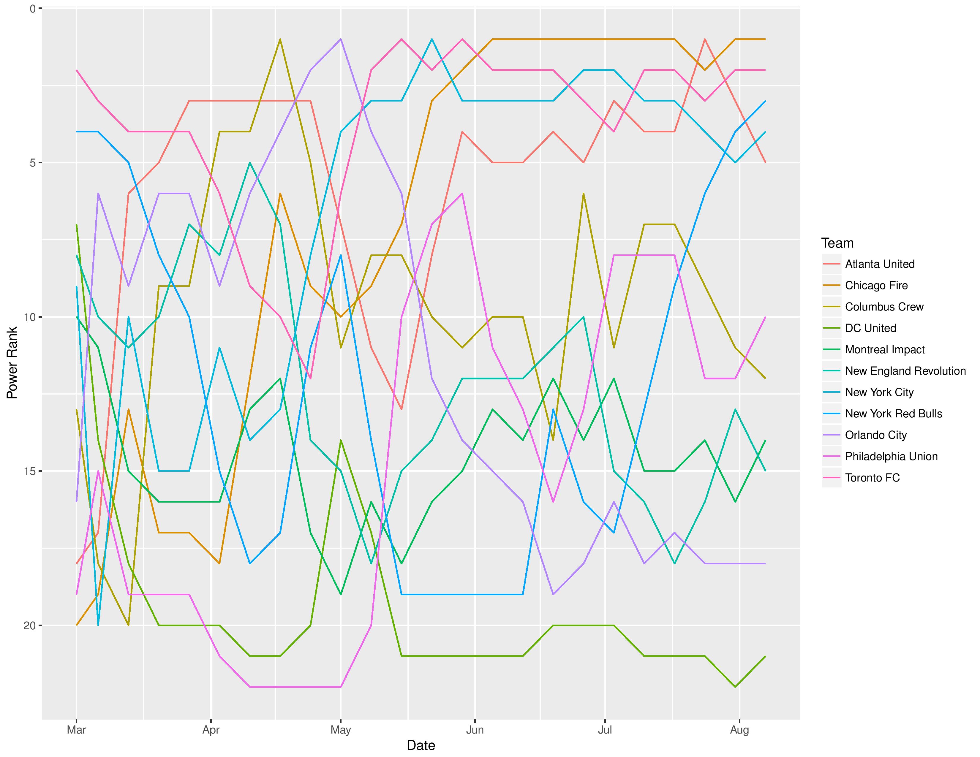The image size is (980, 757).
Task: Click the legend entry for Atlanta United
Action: [x=880, y=264]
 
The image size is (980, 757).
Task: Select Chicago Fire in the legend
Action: [x=876, y=286]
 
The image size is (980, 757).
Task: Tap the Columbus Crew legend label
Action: [x=884, y=307]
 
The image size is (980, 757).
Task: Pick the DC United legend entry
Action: [x=870, y=328]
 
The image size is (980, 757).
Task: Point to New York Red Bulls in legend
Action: [x=893, y=414]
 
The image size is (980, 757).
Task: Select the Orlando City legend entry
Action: [x=876, y=435]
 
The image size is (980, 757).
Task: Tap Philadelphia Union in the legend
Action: [x=891, y=457]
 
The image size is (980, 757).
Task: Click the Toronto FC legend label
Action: [x=872, y=478]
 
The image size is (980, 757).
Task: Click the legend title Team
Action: [x=837, y=243]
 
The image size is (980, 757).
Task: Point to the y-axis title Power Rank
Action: [x=12, y=363]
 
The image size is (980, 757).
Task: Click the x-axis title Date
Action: [x=421, y=745]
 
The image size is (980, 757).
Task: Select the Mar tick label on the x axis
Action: [x=76, y=730]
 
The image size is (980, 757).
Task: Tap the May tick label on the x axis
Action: [x=341, y=730]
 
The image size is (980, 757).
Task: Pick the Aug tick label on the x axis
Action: [x=739, y=730]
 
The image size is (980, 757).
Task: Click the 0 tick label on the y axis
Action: [x=32, y=9]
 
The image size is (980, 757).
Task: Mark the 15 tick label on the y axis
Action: [x=30, y=471]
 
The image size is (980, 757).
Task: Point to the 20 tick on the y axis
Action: [x=30, y=625]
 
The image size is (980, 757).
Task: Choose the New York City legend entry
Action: [x=879, y=392]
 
